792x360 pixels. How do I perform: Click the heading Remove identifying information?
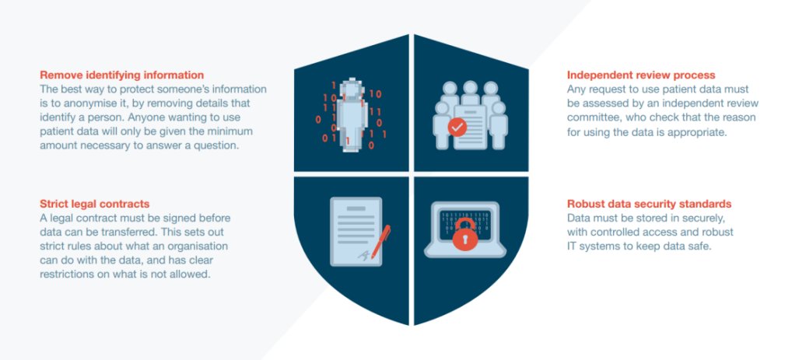[x=122, y=75]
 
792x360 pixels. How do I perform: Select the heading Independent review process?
[x=641, y=75]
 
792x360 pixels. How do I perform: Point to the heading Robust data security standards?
[x=649, y=204]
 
